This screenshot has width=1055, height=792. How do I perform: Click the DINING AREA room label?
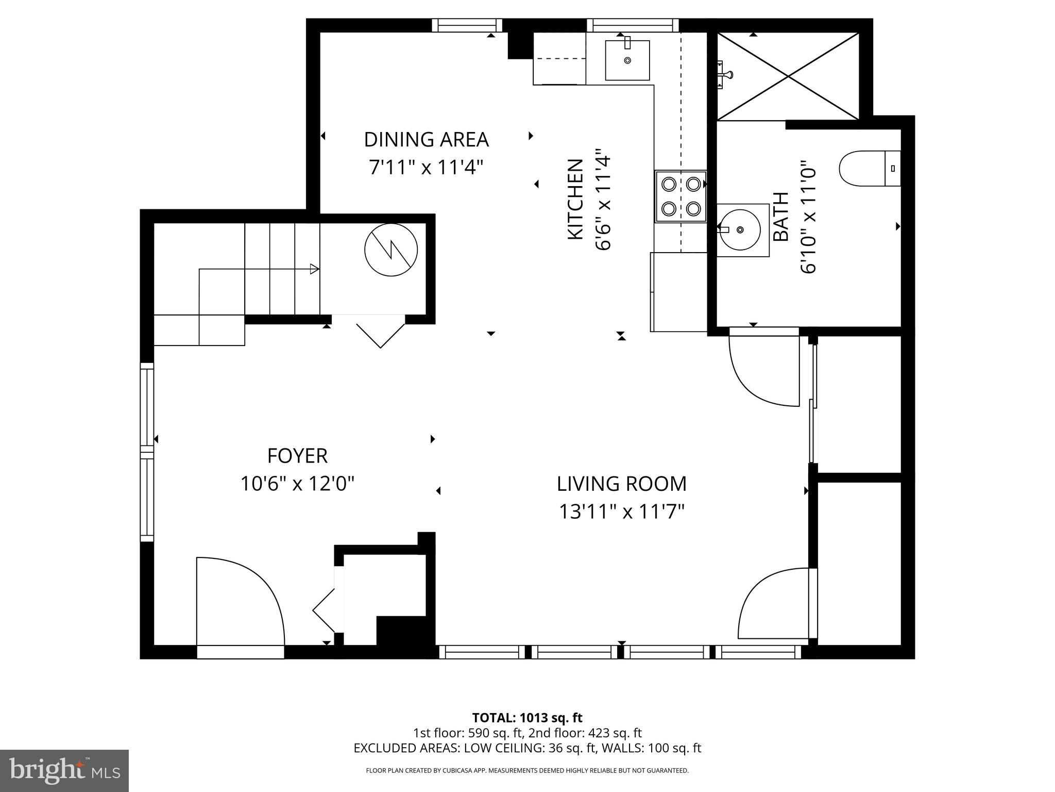pos(426,140)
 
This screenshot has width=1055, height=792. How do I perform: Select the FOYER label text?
pos(297,456)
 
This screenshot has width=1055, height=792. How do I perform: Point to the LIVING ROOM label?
pos(621,484)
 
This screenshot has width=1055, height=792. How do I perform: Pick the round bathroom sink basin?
pos(741,229)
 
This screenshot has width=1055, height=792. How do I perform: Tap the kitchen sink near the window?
pos(627,60)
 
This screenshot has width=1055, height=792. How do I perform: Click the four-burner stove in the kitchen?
pos(680,196)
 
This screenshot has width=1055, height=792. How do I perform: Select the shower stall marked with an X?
pos(788,77)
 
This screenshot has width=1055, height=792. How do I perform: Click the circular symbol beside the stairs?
pos(390,250)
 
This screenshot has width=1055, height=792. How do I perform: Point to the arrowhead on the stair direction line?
pos(314,269)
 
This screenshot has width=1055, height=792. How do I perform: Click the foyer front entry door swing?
pos(240,601)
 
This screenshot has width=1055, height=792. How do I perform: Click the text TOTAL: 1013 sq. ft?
pos(527,718)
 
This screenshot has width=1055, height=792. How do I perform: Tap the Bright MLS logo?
pos(64,770)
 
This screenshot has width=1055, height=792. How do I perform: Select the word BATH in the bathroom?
pos(781,216)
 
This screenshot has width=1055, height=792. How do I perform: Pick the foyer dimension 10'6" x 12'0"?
pos(297,484)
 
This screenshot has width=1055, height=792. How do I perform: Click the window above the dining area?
pos(466,25)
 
